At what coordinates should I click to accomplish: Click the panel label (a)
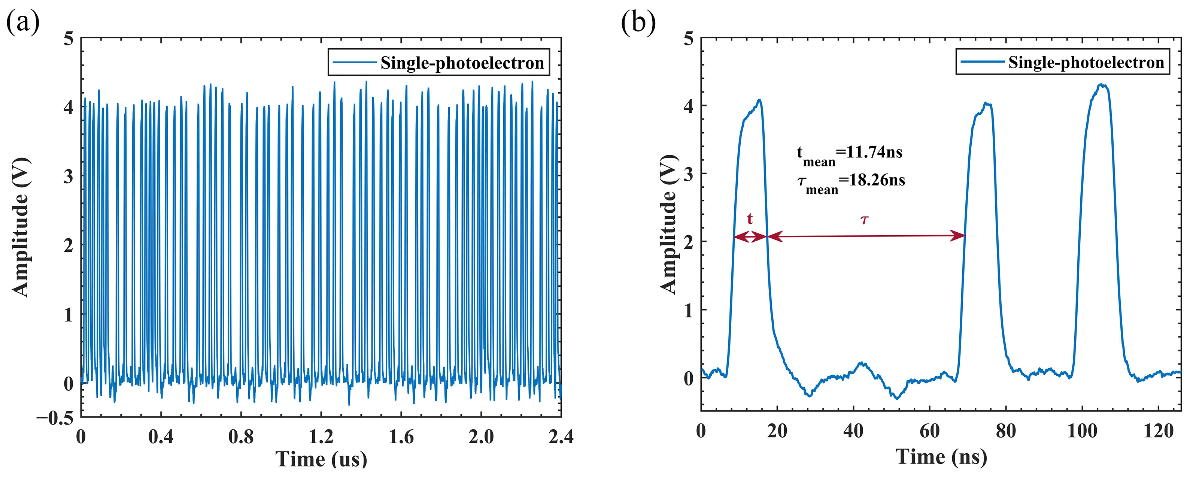(x=23, y=22)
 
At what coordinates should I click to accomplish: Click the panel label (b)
(x=638, y=22)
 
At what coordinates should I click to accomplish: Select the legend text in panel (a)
(x=462, y=63)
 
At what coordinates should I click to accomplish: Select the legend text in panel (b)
(x=1086, y=62)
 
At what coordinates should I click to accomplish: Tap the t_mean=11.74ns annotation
(x=849, y=154)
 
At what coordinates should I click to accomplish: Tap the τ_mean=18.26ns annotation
(x=851, y=182)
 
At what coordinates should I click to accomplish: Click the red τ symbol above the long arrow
(x=864, y=219)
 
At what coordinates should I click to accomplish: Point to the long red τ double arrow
(x=866, y=236)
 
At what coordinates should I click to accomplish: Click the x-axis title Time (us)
(x=321, y=459)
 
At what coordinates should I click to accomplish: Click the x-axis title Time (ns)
(x=941, y=457)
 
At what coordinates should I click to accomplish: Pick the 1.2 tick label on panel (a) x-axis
(x=321, y=437)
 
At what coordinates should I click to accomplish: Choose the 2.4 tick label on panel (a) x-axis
(x=561, y=437)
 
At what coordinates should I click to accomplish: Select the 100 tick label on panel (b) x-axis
(x=1082, y=431)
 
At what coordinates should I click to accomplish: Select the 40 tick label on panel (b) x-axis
(x=853, y=431)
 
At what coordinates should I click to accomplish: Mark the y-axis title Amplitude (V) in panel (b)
(x=668, y=224)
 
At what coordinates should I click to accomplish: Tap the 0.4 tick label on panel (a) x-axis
(x=161, y=437)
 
